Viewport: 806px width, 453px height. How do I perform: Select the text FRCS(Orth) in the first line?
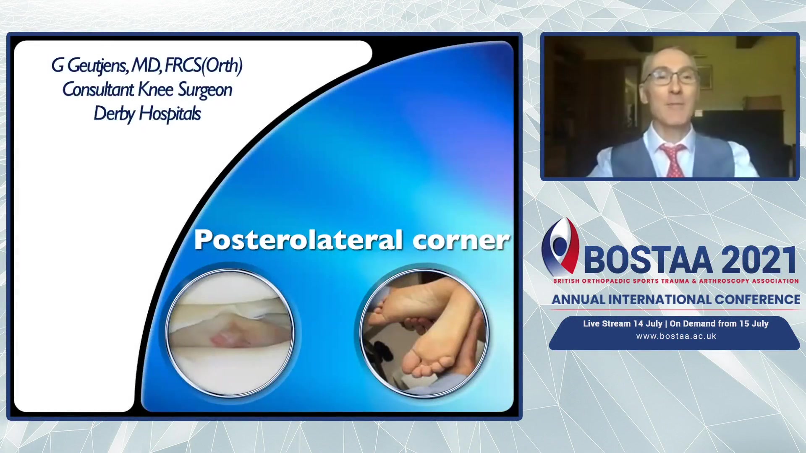204,66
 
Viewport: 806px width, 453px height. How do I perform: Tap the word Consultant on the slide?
98,89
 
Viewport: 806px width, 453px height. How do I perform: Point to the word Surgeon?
205,90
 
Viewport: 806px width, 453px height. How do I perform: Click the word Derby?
114,114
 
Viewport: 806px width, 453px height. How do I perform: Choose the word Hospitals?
170,114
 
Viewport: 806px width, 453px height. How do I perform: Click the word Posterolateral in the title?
298,240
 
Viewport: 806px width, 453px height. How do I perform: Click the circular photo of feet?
424,333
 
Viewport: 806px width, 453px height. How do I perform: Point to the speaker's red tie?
673,160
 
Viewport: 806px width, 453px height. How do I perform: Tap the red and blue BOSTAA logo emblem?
560,246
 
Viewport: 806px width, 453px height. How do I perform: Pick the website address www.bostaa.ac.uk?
676,336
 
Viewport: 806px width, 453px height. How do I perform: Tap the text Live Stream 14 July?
623,323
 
